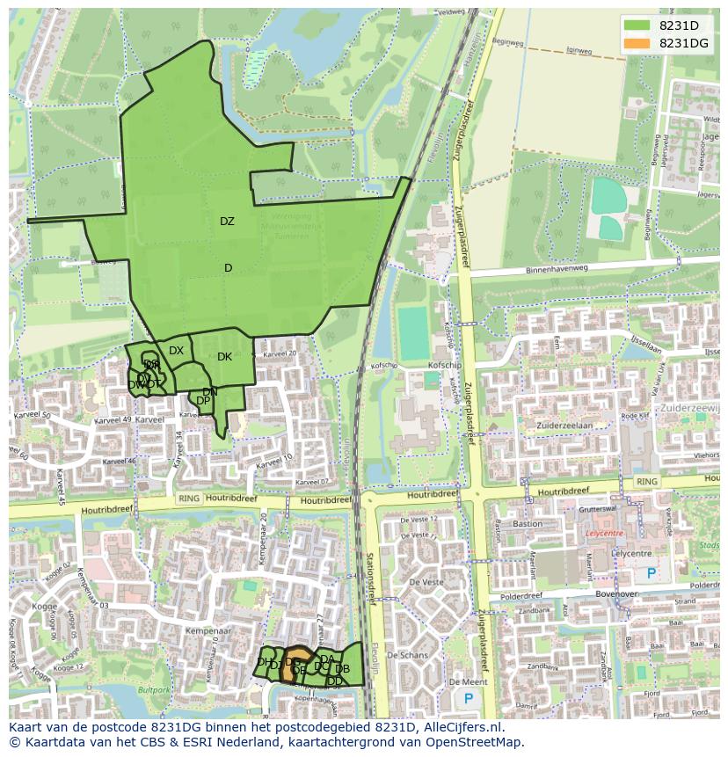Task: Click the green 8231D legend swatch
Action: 637,25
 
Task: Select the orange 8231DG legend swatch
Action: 637,43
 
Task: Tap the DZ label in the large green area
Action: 227,222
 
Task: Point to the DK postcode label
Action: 224,357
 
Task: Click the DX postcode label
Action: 177,351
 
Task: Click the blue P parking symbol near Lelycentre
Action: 652,572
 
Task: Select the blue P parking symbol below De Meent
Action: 468,699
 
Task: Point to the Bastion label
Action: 528,524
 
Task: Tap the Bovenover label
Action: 598,593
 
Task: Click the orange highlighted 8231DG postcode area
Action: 296,666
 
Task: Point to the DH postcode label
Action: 264,662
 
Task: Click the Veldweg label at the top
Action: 450,12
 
